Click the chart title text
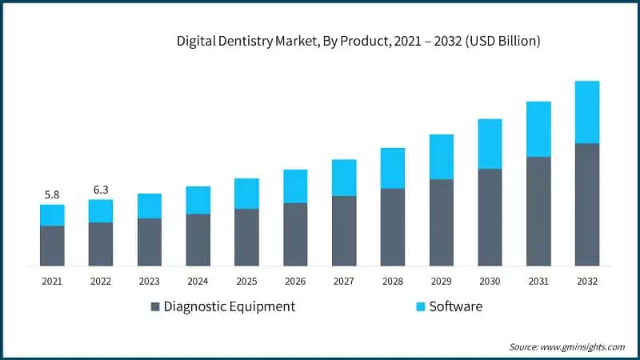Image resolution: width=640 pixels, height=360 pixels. tap(358, 42)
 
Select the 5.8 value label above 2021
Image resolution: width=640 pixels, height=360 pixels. tap(52, 194)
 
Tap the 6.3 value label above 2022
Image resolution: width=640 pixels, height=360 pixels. tap(101, 190)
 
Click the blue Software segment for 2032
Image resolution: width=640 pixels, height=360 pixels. tap(587, 112)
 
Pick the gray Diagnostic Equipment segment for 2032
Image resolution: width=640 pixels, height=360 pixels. tap(587, 205)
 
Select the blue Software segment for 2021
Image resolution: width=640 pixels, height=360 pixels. tap(52, 215)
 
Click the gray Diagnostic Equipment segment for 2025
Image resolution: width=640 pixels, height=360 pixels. tap(246, 238)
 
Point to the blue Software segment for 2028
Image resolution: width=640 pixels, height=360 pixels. tap(393, 168)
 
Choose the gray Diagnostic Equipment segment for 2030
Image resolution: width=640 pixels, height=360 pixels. tap(490, 218)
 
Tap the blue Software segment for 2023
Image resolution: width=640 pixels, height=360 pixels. tap(150, 206)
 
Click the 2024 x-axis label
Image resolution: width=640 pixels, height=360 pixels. tap(198, 281)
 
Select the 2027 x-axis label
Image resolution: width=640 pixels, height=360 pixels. tap(344, 281)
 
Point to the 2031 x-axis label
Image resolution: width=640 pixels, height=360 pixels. tap(538, 281)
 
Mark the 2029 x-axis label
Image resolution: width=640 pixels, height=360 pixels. tap(441, 281)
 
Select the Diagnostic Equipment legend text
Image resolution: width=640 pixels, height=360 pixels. tap(230, 306)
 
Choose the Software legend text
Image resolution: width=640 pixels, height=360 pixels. tap(456, 306)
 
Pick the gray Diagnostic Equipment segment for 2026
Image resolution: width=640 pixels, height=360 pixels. tap(295, 234)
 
